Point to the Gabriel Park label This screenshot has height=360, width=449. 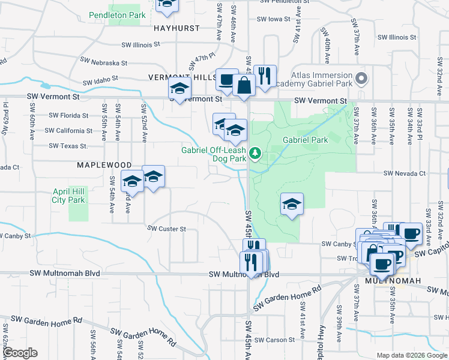coord(306,139)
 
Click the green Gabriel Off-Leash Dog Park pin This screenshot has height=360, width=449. coord(256,154)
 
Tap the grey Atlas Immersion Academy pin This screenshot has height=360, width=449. coord(361,79)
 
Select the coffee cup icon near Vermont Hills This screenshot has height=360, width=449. coord(226,79)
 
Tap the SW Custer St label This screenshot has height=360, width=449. coord(166,229)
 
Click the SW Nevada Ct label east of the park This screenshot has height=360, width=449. coord(405,173)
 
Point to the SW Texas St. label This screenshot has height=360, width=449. coord(68,146)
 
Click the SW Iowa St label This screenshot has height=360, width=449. coord(273,19)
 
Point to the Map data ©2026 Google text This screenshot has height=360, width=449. coord(411,355)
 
